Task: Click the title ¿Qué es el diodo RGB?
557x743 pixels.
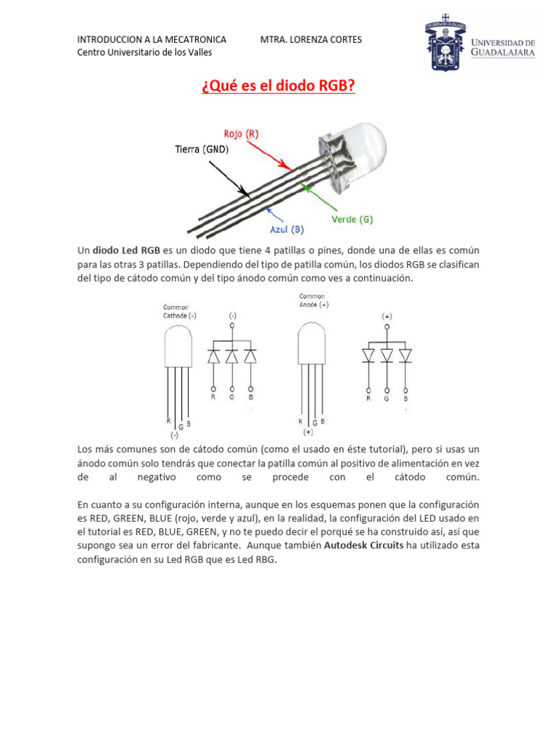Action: click(278, 86)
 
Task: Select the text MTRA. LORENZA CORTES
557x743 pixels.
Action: click(310, 39)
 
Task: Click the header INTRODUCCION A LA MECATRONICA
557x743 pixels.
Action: click(152, 39)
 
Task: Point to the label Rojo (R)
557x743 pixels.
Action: click(241, 134)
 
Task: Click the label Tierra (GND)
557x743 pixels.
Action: click(202, 149)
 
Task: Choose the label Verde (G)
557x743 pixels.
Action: click(352, 218)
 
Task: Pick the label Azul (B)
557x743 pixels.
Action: click(287, 230)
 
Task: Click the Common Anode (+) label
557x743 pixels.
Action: click(314, 300)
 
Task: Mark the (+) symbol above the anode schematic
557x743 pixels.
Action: click(387, 316)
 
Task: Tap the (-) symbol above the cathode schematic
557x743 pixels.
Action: click(232, 316)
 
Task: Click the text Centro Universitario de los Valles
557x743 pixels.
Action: click(145, 52)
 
